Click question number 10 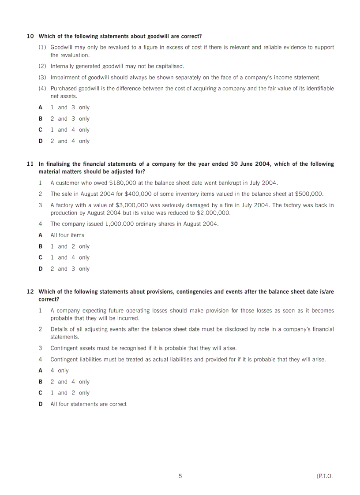point(30,36)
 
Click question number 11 point(30,164)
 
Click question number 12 point(30,292)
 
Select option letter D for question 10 point(41,141)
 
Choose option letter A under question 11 point(41,235)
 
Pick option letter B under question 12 point(41,382)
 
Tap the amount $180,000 point(123,183)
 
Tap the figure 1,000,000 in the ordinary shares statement point(121,224)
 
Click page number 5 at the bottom point(180,476)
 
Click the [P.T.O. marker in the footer point(325,476)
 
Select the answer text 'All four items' point(67,235)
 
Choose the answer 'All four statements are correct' point(88,404)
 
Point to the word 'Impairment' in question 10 point(65,78)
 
